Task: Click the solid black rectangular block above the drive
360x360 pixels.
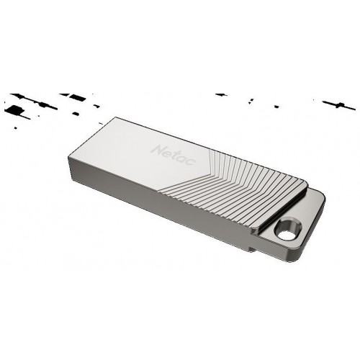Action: click(x=78, y=96)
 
